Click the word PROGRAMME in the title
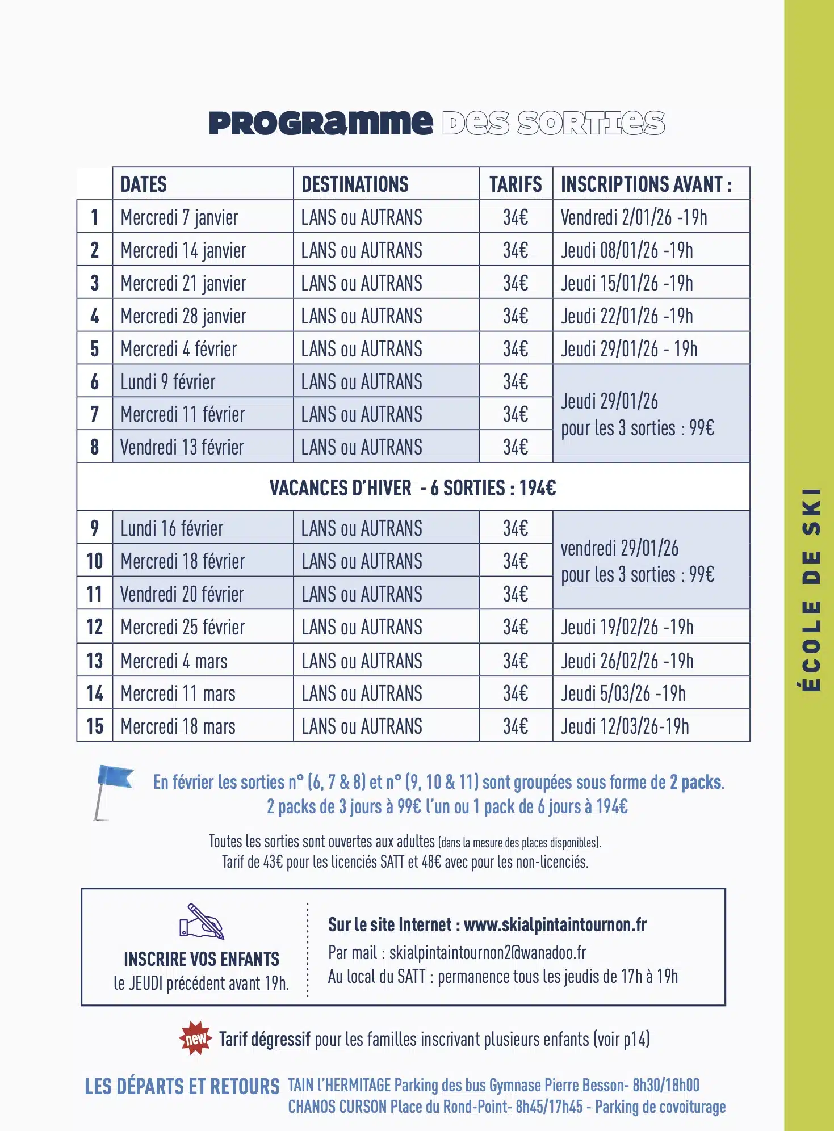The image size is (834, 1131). tap(321, 123)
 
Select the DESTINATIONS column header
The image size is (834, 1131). tap(355, 184)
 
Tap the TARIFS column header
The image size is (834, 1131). tap(516, 184)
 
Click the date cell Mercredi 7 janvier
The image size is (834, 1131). tap(179, 217)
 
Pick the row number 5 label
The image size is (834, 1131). tap(95, 349)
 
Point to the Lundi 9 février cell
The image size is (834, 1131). tap(168, 382)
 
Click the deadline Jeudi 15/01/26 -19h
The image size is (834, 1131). tap(627, 283)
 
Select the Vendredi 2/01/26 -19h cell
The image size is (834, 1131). tap(634, 217)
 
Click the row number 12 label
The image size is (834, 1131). tap(95, 627)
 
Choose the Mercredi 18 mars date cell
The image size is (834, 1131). tap(178, 726)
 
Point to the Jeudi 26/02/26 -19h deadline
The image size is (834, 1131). tap(627, 661)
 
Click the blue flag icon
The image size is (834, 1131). tap(113, 789)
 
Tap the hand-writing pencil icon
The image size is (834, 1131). tap(202, 921)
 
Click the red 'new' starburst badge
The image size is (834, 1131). tap(195, 1038)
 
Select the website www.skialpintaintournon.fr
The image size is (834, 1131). tap(555, 925)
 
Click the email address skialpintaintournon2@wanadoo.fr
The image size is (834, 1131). tap(487, 952)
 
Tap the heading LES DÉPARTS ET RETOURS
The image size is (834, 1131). tap(182, 1087)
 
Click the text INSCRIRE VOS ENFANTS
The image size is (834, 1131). tap(202, 959)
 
